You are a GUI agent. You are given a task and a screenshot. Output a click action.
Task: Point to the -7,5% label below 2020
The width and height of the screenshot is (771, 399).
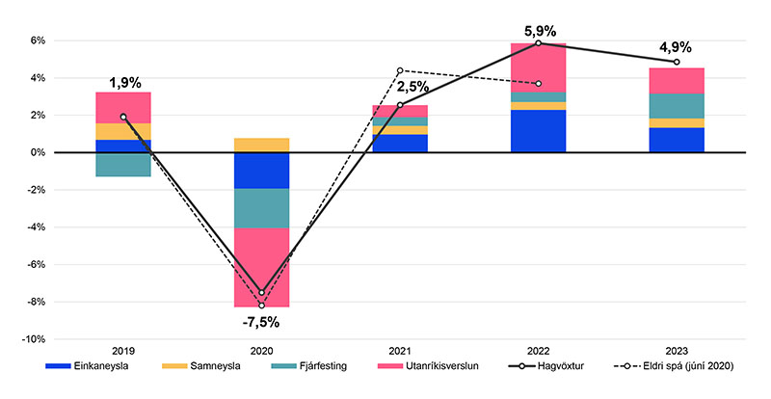click(x=261, y=322)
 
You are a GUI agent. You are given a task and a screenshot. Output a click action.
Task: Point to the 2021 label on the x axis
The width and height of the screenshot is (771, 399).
click(x=400, y=352)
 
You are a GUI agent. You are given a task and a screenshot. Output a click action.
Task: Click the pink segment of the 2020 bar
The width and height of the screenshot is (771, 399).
click(x=261, y=267)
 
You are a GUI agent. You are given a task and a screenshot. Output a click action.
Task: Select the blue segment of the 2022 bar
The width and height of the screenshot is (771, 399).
click(x=538, y=131)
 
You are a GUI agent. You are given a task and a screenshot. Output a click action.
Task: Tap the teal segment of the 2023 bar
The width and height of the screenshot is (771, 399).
click(x=677, y=106)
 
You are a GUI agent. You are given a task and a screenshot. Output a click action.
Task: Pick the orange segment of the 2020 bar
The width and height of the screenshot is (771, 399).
click(x=261, y=145)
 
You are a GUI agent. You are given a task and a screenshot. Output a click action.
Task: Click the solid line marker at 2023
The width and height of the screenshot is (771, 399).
click(x=677, y=62)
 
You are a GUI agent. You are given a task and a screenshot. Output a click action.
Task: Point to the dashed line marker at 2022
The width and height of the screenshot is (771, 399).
click(x=538, y=84)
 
